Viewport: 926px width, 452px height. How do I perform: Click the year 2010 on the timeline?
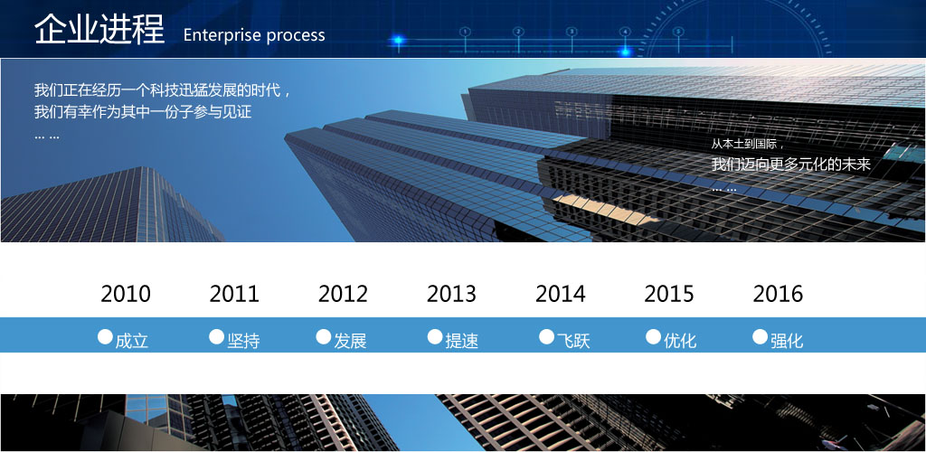[126, 294]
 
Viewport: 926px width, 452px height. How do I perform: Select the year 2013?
[452, 294]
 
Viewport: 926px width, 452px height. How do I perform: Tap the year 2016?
[778, 294]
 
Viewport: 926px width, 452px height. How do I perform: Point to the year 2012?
[343, 294]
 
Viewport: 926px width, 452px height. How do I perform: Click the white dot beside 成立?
[105, 337]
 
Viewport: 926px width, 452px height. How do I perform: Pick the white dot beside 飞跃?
[547, 337]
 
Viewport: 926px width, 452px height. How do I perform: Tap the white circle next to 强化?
[760, 337]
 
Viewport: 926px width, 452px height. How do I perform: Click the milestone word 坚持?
[243, 341]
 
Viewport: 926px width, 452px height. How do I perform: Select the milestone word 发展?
[350, 341]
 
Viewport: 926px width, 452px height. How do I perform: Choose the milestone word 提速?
[462, 341]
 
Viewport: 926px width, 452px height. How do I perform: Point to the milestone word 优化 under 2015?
[680, 341]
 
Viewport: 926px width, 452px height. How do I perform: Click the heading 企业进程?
[99, 28]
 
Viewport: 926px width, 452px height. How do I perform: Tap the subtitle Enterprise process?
[254, 35]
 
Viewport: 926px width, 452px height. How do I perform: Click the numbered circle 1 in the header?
[466, 32]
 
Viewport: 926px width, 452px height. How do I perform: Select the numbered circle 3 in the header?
[572, 32]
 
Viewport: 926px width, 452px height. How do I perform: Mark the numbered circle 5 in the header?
[678, 32]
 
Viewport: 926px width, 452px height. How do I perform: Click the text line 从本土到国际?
[746, 144]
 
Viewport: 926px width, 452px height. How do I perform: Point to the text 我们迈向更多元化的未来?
[790, 165]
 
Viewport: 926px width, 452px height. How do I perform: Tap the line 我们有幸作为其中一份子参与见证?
[143, 111]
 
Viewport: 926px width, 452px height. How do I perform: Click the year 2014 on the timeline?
[561, 294]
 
